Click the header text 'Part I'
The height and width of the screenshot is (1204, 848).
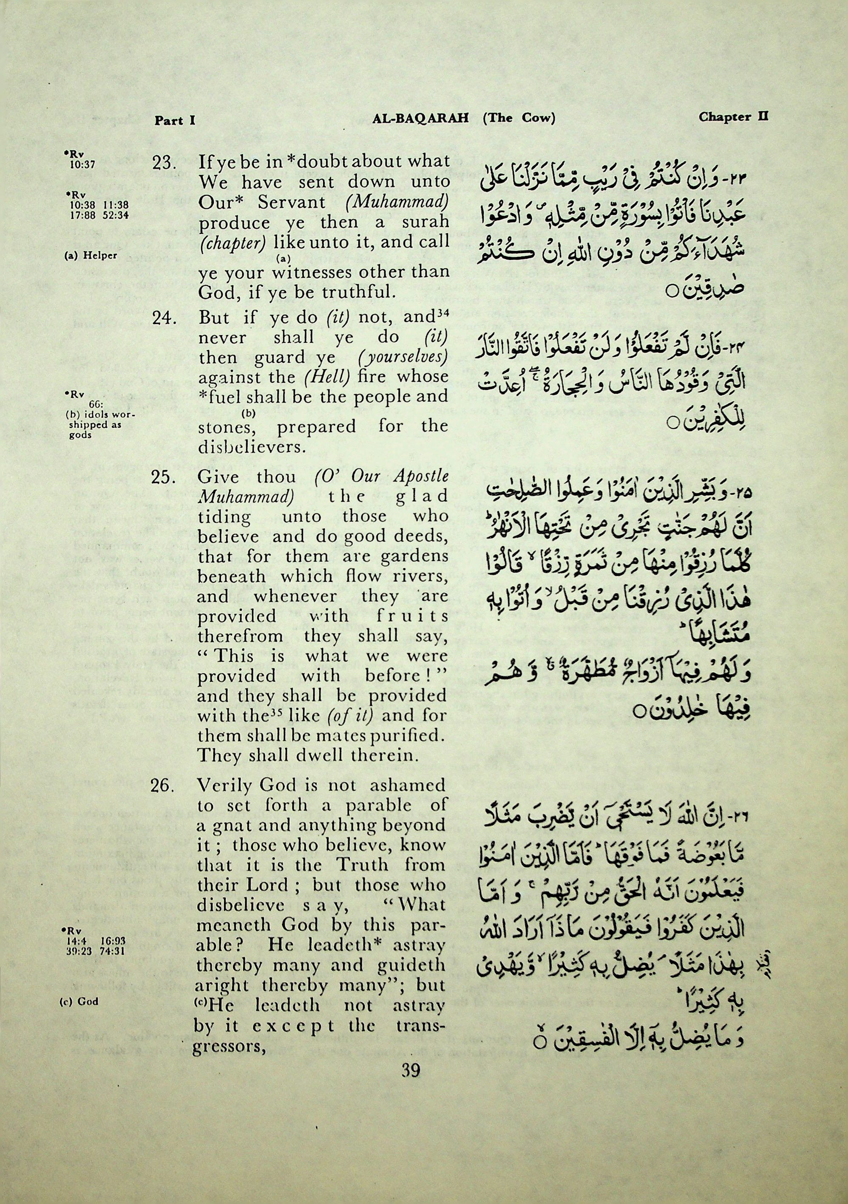click(x=175, y=121)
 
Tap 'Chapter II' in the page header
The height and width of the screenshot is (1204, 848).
click(x=733, y=116)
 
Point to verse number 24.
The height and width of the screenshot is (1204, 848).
click(x=163, y=318)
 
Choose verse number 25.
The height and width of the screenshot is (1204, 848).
click(x=163, y=478)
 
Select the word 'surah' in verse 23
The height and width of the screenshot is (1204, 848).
click(x=425, y=222)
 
